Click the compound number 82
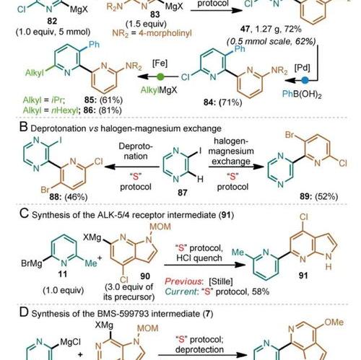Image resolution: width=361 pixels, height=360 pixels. tap(52, 21)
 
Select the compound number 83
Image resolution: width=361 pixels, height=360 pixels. tap(155, 14)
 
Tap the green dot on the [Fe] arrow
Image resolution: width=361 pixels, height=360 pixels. tap(160, 77)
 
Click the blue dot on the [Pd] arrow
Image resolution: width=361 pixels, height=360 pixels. tap(305, 80)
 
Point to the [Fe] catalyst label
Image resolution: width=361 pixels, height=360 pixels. tap(160, 63)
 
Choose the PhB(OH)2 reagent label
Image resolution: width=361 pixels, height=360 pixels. tap(302, 94)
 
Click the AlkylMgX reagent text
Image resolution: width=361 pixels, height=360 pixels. tap(159, 90)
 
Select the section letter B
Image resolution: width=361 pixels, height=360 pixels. tap(24, 127)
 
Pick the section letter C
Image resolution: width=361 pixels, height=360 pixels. tap(24, 214)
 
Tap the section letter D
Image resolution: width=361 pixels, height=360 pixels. tap(24, 312)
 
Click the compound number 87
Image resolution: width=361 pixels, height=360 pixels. tap(183, 193)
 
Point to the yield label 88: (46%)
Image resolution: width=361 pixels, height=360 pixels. tap(69, 197)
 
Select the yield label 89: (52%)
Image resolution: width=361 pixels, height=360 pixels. tap(319, 196)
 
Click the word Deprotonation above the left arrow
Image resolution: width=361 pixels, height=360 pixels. tap(136, 152)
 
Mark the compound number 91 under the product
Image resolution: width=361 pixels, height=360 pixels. tap(303, 276)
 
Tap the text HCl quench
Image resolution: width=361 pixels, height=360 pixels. tap(199, 258)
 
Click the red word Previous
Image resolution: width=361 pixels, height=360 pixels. tap(183, 281)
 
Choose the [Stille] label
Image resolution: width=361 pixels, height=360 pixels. tap(221, 281)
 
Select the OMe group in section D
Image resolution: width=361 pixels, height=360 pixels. tap(334, 322)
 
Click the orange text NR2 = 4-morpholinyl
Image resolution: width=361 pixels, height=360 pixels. tap(152, 33)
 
